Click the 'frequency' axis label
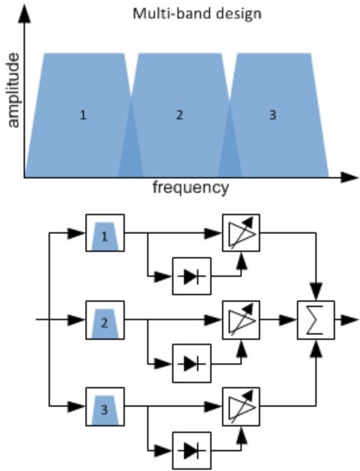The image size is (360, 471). pos(191,188)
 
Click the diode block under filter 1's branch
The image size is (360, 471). pos(192,276)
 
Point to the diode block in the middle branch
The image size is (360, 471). pos(192,363)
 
